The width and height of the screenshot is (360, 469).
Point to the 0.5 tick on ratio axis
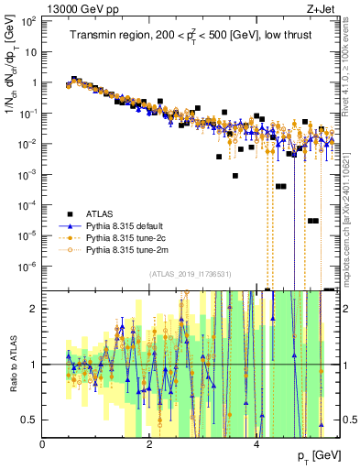tap(31, 420)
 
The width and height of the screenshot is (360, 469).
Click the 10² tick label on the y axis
tap(30, 20)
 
